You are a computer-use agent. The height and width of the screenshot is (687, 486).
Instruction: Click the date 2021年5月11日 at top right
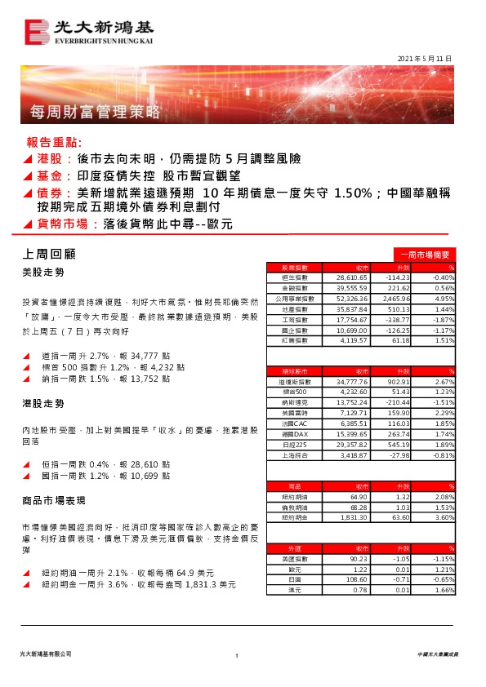[x=424, y=59]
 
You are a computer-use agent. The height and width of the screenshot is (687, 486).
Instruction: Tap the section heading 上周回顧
[x=50, y=254]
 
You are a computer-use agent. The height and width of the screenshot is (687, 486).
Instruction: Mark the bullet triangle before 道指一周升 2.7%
[x=28, y=357]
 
